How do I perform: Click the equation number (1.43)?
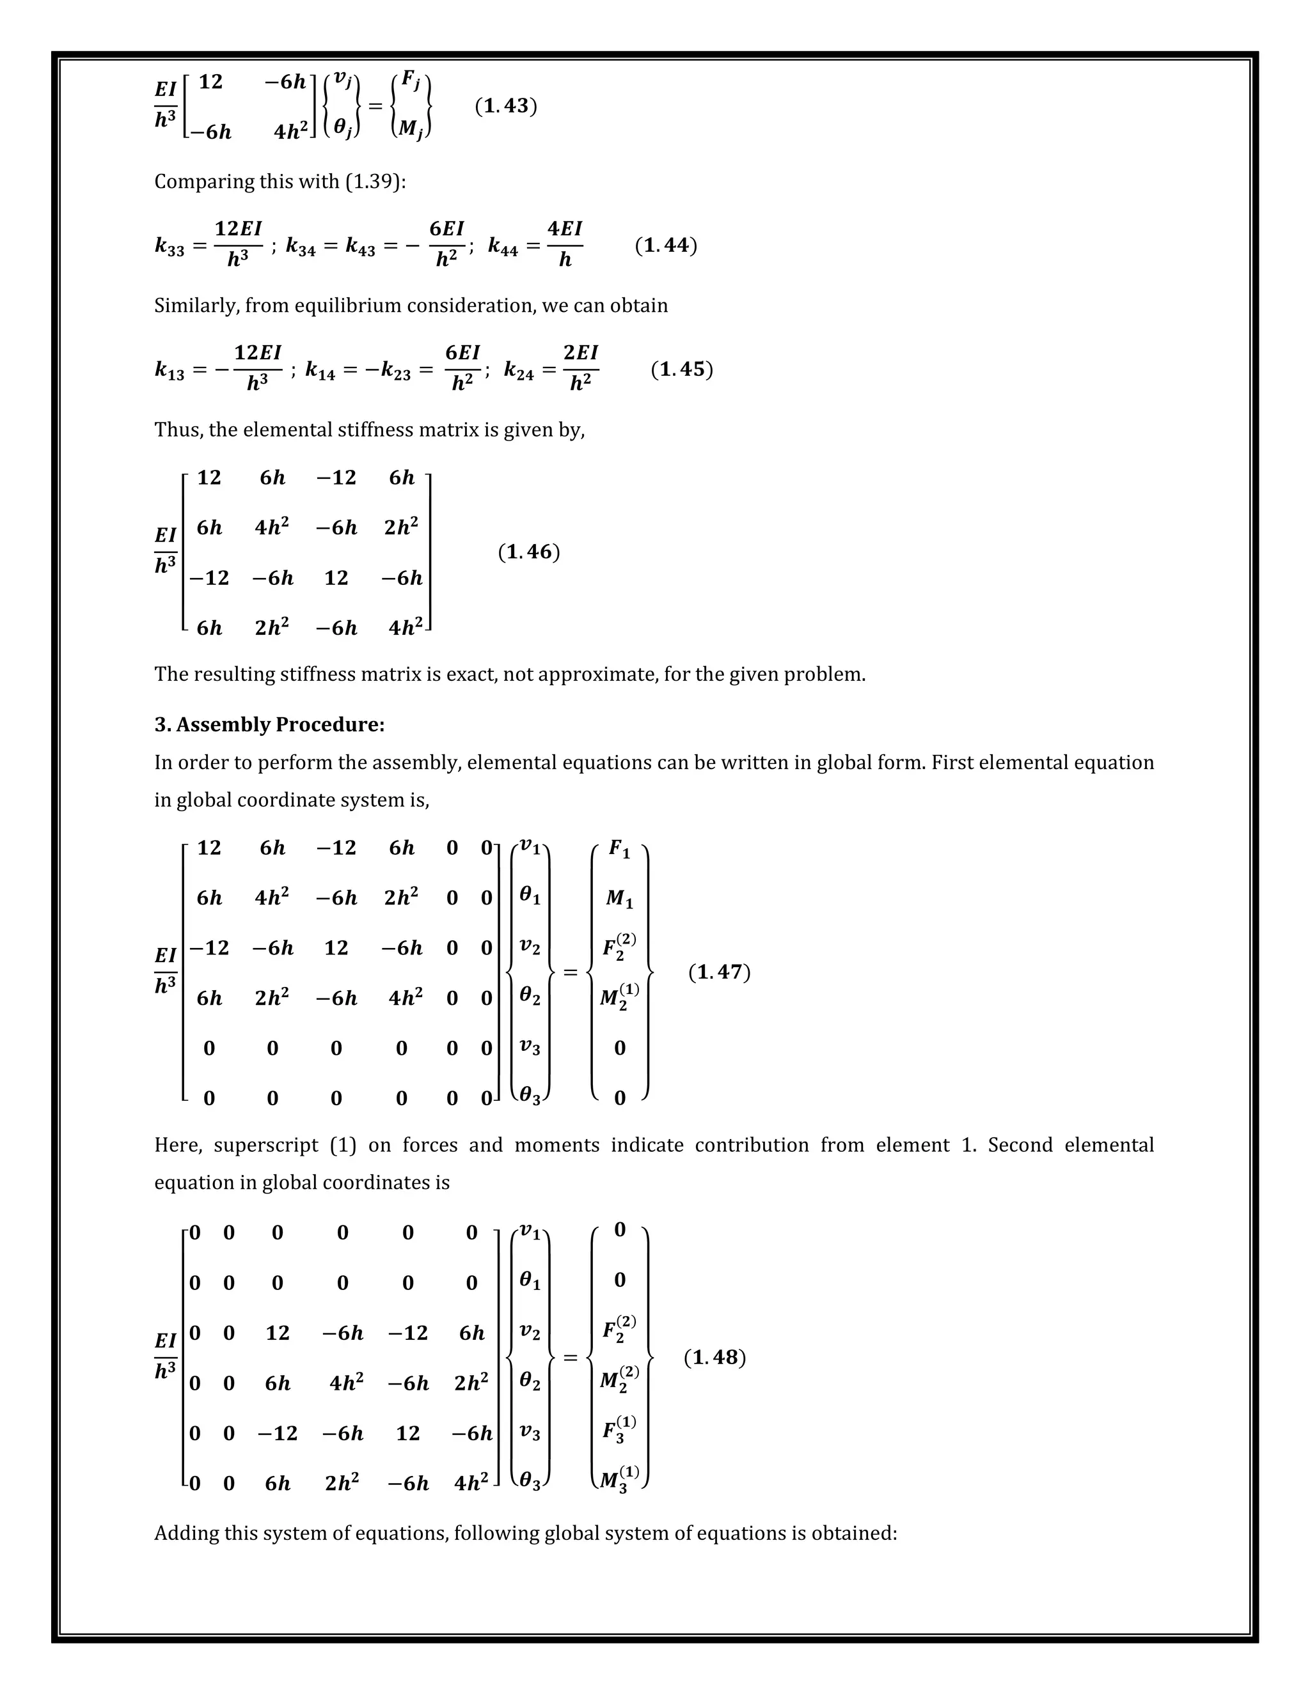(x=506, y=106)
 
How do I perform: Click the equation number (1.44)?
(x=666, y=246)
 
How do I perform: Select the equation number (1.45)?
(x=681, y=369)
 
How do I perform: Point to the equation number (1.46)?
(x=528, y=552)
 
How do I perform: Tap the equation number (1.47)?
(x=720, y=973)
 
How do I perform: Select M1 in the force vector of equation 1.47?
(x=619, y=899)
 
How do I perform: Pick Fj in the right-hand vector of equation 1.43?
(x=411, y=80)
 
